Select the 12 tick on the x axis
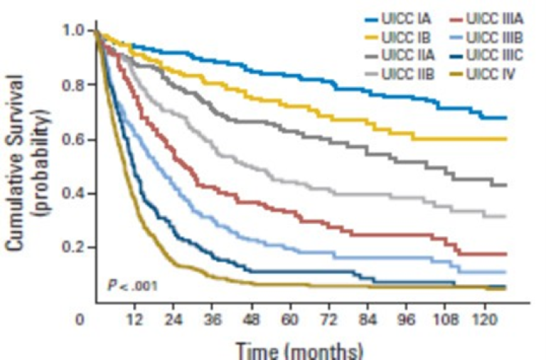coord(132,320)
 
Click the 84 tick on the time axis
coord(367,320)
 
